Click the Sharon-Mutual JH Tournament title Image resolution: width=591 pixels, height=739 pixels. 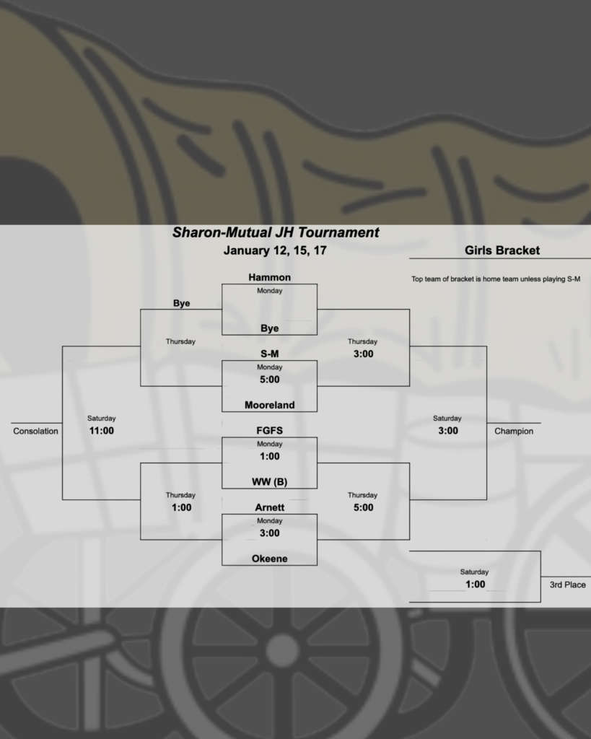point(275,233)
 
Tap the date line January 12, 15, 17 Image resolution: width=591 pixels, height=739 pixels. point(269,251)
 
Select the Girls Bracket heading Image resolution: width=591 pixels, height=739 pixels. point(502,251)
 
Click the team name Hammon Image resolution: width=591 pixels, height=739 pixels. point(269,277)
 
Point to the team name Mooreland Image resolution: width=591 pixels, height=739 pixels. point(269,405)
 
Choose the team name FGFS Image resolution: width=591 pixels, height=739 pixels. point(269,431)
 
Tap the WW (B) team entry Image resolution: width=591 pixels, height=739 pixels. point(269,482)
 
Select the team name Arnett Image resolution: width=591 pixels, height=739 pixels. point(269,507)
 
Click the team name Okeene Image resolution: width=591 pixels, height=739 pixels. point(269,559)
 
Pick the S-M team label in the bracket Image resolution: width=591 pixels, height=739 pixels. point(269,354)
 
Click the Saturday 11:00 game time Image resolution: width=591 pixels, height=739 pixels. point(101,431)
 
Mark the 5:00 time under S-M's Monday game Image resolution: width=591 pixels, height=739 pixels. point(269,379)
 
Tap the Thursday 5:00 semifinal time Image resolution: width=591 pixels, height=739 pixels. point(363,507)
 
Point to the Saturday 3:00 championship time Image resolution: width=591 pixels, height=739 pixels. point(447,431)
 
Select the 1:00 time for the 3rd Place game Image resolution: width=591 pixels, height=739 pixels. point(474,585)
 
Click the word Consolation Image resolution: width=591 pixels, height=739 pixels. point(35,432)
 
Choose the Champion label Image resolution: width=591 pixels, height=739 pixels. point(514,432)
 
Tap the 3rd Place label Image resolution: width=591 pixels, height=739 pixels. point(567,585)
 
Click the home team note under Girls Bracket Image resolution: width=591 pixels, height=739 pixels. point(496,279)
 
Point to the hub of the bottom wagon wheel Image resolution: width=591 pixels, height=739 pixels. point(282,650)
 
